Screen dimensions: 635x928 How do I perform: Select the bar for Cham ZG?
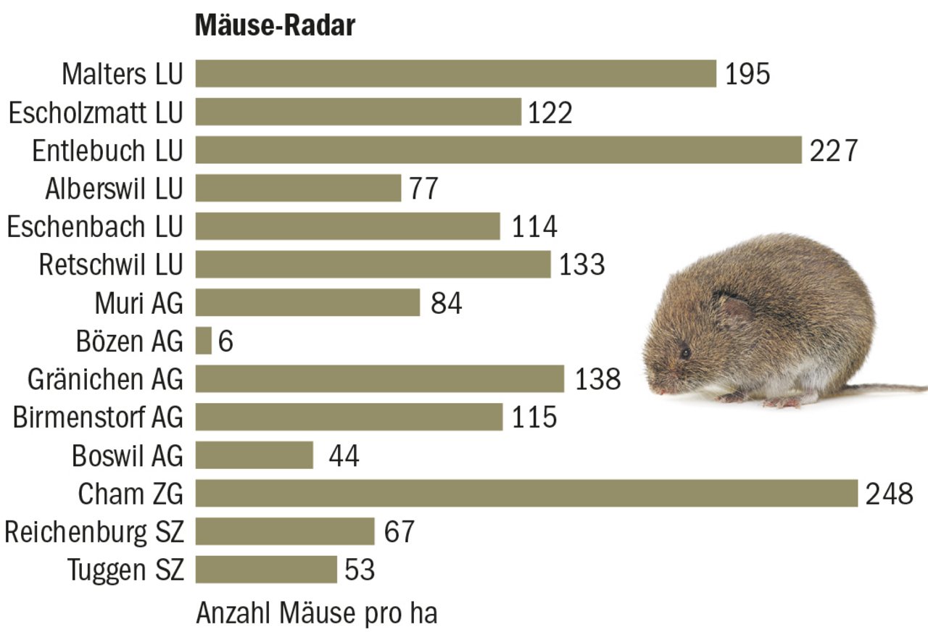(526, 493)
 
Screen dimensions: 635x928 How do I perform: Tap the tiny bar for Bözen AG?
(204, 341)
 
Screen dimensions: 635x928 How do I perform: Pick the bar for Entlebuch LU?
(499, 150)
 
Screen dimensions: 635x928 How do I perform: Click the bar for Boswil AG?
(254, 455)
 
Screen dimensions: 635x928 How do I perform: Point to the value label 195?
(747, 74)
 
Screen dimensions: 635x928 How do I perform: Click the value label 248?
(890, 494)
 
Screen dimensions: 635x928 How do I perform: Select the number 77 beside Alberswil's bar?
(423, 188)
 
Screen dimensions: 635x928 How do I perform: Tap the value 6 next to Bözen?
(225, 341)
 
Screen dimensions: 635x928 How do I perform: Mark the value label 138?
(598, 379)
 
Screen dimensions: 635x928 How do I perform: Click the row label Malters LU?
(123, 74)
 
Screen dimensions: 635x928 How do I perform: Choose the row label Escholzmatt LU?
(96, 112)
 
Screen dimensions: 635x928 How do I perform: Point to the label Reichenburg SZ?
(94, 532)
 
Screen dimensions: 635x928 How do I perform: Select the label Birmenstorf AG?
(98, 418)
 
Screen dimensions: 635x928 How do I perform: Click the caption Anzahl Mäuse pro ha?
(317, 613)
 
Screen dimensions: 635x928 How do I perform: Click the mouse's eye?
(685, 353)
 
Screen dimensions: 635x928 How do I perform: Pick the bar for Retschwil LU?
(373, 265)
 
